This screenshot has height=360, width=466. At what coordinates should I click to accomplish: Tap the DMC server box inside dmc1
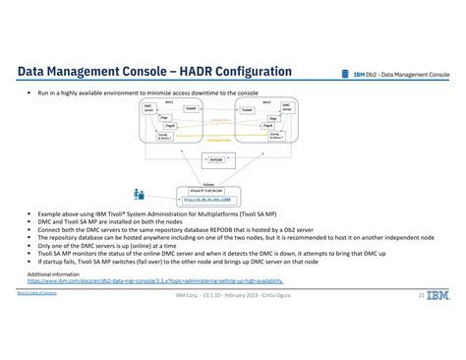point(148,108)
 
